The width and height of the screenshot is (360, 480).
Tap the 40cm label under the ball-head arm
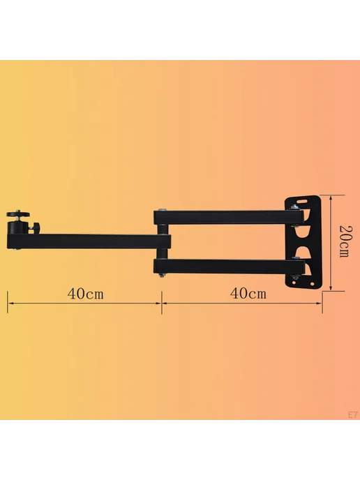click(x=85, y=294)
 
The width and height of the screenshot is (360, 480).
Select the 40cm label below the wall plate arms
click(x=248, y=294)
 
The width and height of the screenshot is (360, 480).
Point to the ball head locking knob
click(x=36, y=228)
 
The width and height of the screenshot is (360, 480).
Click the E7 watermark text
click(x=352, y=415)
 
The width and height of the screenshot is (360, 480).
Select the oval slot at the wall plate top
click(x=302, y=201)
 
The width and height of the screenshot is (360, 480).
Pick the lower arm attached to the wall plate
click(x=229, y=267)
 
